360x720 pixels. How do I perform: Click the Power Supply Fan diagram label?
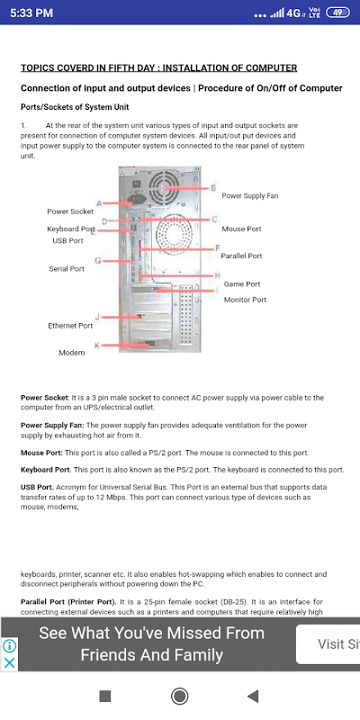click(250, 195)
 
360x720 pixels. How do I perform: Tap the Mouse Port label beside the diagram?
click(241, 229)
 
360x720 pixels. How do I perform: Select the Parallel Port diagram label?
click(241, 256)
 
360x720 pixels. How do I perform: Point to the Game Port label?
click(242, 283)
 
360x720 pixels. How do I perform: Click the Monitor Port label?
click(245, 300)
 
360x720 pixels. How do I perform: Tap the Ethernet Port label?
click(70, 326)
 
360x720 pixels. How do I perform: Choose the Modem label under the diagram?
click(72, 353)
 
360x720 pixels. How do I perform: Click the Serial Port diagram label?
click(67, 268)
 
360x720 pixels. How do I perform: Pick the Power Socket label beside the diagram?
click(70, 211)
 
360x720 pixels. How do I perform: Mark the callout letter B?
click(213, 188)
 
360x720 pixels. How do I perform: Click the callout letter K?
click(97, 346)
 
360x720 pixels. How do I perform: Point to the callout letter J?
click(97, 317)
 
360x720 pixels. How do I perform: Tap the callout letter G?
click(98, 261)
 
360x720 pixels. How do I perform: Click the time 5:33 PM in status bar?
click(31, 13)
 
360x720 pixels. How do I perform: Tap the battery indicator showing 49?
click(337, 13)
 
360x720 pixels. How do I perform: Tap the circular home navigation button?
click(179, 696)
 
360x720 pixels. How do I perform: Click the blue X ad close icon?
click(10, 662)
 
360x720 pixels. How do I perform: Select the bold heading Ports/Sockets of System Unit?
click(75, 107)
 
